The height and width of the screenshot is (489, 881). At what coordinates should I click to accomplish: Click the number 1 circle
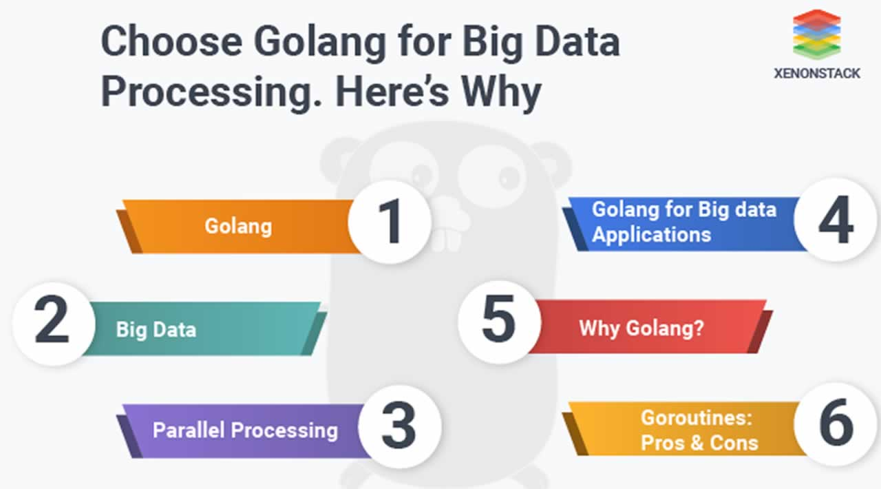(390, 222)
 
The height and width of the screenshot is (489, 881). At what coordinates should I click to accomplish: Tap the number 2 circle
(54, 324)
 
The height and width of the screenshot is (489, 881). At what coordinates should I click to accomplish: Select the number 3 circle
(400, 426)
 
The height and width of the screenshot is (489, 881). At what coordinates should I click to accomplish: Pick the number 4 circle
(836, 220)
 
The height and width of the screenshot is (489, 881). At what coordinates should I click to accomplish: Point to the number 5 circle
(500, 322)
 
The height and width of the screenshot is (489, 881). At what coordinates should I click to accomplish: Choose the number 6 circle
(836, 424)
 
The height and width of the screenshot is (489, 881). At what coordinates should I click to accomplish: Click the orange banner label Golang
(238, 227)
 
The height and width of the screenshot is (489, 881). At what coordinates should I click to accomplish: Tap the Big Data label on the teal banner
(156, 329)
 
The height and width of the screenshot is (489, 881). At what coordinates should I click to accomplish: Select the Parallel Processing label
(246, 430)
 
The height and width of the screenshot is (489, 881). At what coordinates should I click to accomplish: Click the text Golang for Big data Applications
(684, 222)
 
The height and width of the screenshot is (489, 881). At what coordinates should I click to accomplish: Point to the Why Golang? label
(641, 328)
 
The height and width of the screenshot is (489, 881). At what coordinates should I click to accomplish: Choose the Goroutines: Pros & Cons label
(699, 430)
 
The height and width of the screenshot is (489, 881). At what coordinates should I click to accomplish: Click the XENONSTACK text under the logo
(817, 73)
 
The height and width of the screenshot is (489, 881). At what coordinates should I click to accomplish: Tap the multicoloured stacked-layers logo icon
(817, 34)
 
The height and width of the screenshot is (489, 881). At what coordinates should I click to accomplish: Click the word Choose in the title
(171, 41)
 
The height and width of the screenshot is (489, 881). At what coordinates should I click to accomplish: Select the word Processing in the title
(211, 92)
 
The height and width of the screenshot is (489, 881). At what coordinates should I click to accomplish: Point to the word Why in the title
(502, 92)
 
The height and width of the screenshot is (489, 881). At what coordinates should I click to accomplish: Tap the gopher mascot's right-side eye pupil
(509, 178)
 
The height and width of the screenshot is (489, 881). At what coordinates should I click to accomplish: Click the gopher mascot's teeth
(447, 240)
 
